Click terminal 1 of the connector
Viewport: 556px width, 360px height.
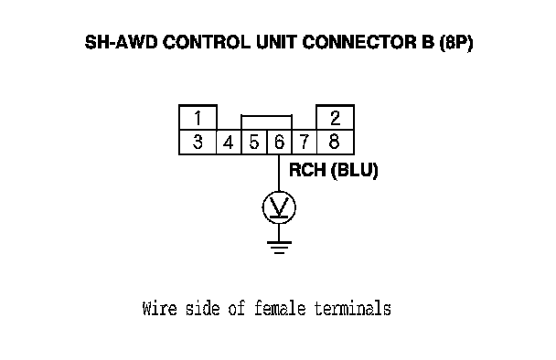198,118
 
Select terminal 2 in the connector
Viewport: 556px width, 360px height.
335,118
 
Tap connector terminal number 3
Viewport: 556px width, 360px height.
198,143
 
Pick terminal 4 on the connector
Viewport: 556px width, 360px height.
229,143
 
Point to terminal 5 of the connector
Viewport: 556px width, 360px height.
254,143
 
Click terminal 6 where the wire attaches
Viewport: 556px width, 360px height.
279,143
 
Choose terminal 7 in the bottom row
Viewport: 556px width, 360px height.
304,143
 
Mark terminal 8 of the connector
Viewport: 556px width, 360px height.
335,143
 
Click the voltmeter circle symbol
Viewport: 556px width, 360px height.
279,207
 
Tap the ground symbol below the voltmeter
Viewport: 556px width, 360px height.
279,248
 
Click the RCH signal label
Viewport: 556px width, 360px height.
307,170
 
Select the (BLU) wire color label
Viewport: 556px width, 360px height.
354,171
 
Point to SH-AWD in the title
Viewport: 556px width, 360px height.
121,42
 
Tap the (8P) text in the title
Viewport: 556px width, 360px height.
456,43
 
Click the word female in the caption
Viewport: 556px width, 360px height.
280,308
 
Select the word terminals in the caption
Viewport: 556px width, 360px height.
352,308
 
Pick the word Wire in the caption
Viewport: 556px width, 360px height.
159,308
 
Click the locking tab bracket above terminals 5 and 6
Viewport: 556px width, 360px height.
267,115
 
